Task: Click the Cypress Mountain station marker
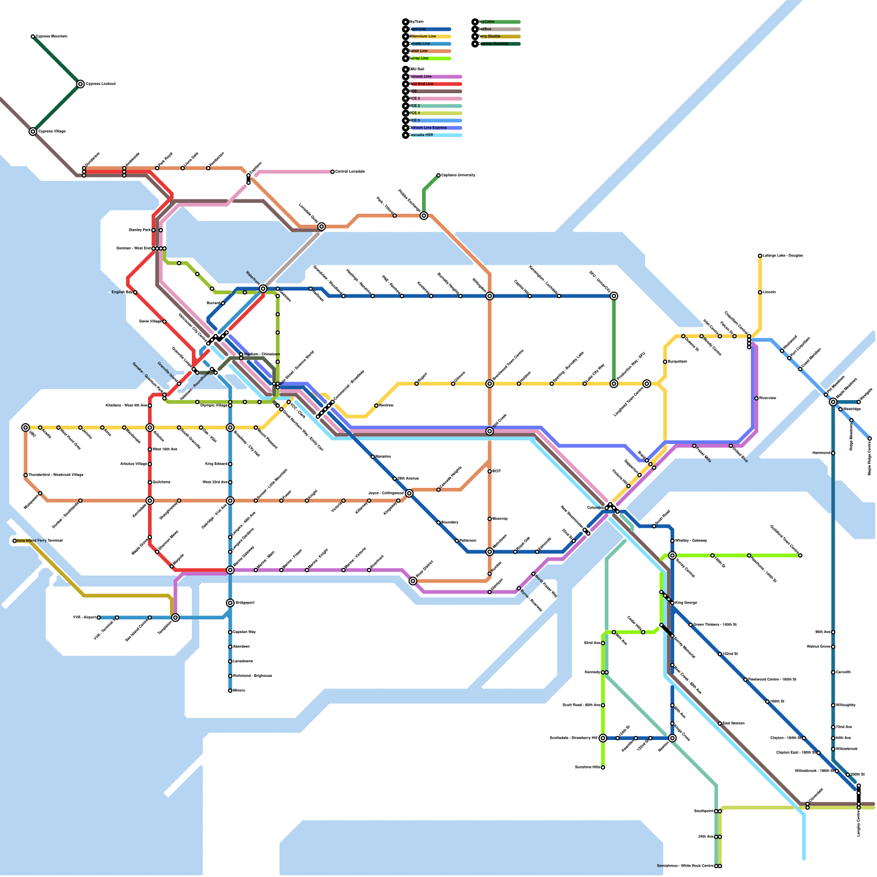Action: click(33, 37)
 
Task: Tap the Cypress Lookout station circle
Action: click(81, 84)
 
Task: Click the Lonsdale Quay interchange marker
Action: click(322, 226)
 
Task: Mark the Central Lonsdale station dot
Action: click(333, 172)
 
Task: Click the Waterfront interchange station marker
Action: click(263, 288)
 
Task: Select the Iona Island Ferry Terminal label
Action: click(39, 541)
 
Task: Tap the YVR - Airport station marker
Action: click(99, 618)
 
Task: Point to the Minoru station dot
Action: click(230, 691)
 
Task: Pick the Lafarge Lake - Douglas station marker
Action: click(760, 255)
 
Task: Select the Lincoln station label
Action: click(770, 292)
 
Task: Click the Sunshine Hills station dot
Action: click(603, 767)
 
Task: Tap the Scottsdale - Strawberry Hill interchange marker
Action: click(603, 738)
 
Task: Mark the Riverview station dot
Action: click(756, 398)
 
